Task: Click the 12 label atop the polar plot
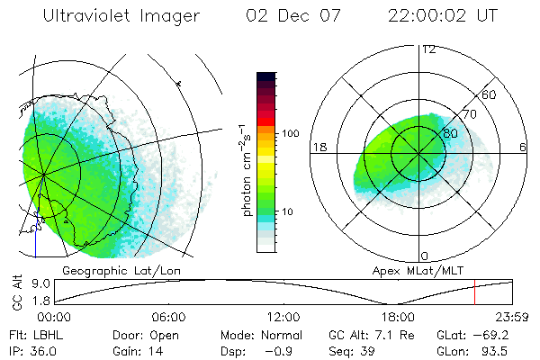pyautogui.click(x=428, y=49)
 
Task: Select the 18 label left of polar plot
pyautogui.click(x=318, y=147)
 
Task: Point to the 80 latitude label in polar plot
pyautogui.click(x=440, y=133)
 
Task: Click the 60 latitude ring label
pyautogui.click(x=490, y=94)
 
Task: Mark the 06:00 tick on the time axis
pyautogui.click(x=168, y=317)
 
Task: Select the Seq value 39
pyautogui.click(x=368, y=350)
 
